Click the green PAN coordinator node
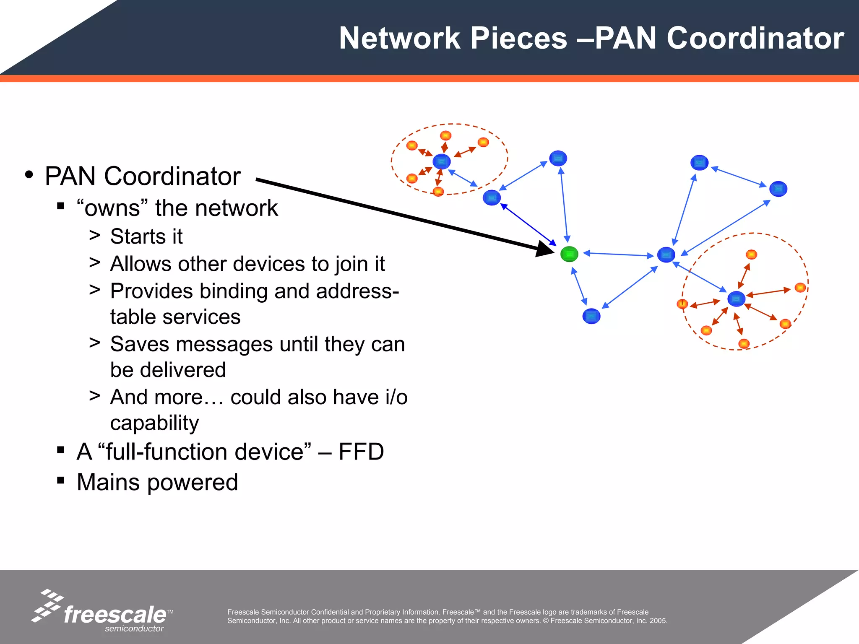(x=569, y=254)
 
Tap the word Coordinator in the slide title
(x=755, y=39)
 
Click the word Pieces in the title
(x=518, y=39)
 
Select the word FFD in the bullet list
(x=361, y=452)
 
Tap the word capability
(x=154, y=423)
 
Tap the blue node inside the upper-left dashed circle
(x=441, y=161)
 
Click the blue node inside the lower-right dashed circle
(x=736, y=299)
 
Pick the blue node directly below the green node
(x=591, y=316)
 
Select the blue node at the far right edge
(x=778, y=189)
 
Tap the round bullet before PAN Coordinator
(x=29, y=175)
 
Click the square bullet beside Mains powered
(x=61, y=480)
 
